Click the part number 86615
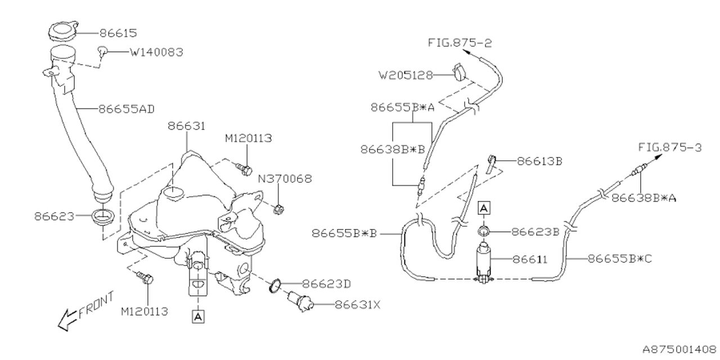[x=118, y=33]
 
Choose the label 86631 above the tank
[x=186, y=127]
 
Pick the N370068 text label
[x=285, y=179]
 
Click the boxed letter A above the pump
[x=483, y=208]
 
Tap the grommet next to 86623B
[x=483, y=231]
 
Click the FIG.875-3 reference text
[x=670, y=147]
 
